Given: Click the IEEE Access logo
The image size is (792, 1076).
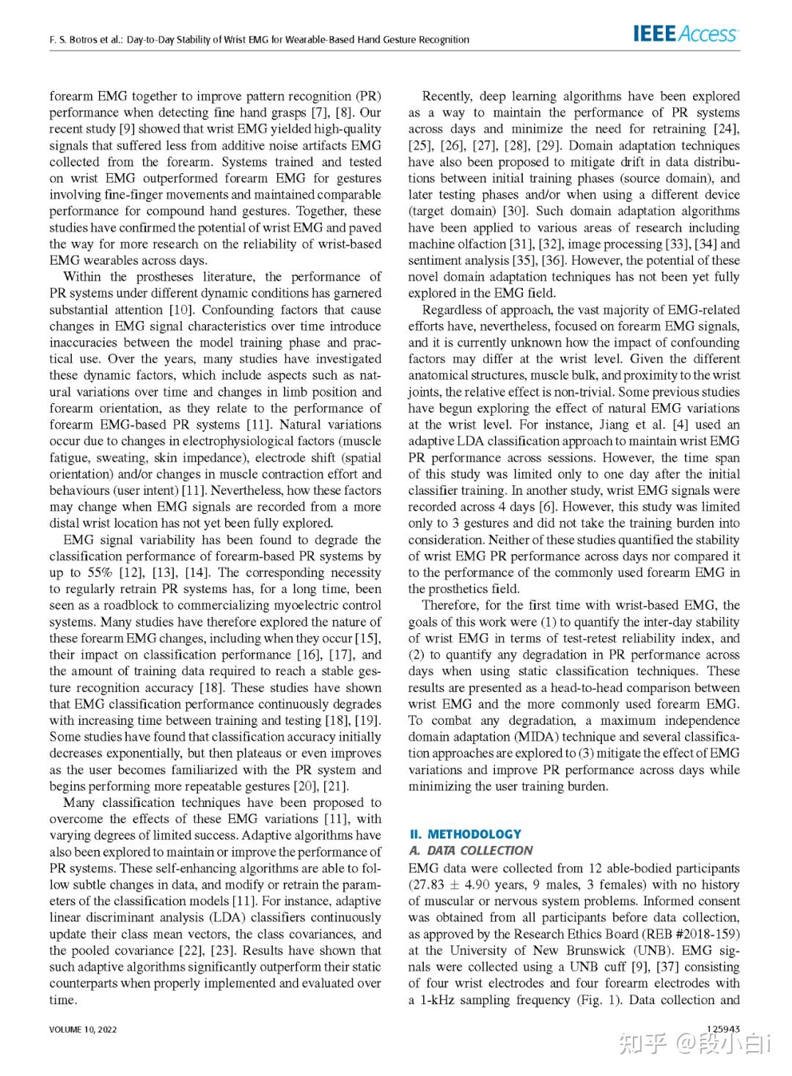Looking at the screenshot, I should pos(685,34).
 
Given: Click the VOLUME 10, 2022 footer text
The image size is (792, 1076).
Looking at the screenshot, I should pos(83,1029).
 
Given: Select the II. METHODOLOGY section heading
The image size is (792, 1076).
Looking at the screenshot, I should pos(465,834).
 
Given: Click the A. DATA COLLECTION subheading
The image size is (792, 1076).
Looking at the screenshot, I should pos(470,851).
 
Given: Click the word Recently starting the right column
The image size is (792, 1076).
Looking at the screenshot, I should pos(450,96).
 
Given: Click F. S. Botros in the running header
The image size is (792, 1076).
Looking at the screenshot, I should pos(73,40).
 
